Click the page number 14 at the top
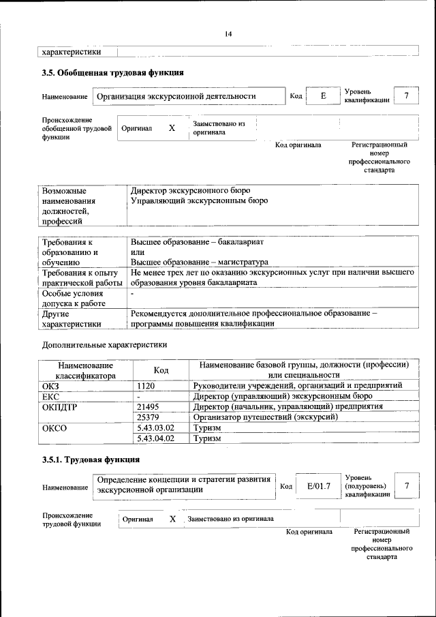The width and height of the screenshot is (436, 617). [228, 34]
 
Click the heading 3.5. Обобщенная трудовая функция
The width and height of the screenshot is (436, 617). [112, 72]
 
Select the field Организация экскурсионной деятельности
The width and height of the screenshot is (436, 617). [176, 96]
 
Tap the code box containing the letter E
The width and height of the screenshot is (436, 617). [324, 96]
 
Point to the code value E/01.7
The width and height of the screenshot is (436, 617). [318, 485]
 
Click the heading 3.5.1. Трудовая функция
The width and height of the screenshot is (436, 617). [91, 460]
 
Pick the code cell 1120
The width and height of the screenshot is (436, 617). [146, 386]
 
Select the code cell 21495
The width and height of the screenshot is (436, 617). [148, 406]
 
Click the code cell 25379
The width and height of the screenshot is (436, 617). [148, 417]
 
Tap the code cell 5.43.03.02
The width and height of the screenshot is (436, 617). [156, 428]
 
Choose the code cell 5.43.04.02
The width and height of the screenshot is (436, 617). [156, 439]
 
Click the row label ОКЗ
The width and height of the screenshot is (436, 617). [52, 386]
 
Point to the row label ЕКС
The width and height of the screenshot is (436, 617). [52, 396]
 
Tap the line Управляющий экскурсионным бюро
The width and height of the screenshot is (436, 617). [199, 201]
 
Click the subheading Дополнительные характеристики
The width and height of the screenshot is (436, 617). [104, 345]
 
